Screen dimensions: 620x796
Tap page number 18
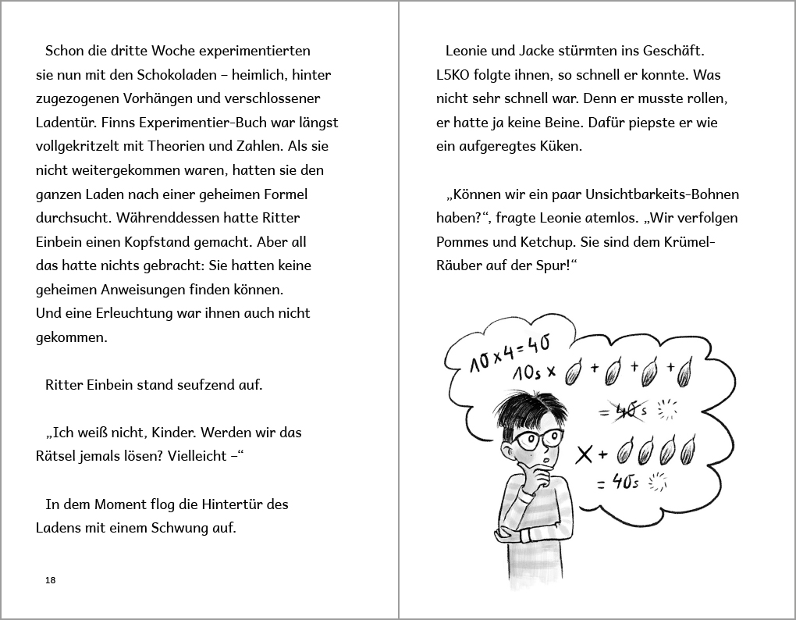51,580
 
